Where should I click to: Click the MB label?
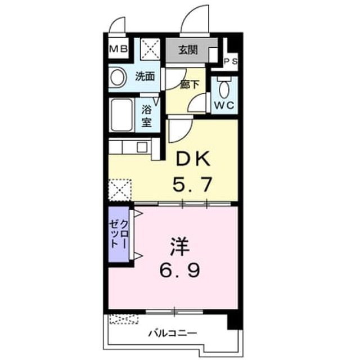coord(118,49)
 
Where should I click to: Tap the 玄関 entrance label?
coord(188,50)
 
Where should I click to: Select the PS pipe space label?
coord(231,61)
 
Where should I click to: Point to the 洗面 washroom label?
coord(145,76)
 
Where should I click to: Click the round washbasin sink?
coord(118,78)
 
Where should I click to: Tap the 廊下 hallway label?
coord(189,84)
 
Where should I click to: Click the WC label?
coord(224,105)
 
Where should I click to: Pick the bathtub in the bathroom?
coord(121,115)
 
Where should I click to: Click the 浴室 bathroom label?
coord(146,116)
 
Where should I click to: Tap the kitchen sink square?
coord(142,147)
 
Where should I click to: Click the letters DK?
coord(193,158)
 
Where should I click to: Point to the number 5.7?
coord(192,184)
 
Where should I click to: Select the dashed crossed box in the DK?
coord(120,190)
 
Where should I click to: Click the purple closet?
coord(119,234)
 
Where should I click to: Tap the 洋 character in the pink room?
coord(179,247)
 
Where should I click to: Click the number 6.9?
coord(180,270)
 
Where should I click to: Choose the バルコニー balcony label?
coord(173,333)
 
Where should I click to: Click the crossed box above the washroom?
coord(150,49)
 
